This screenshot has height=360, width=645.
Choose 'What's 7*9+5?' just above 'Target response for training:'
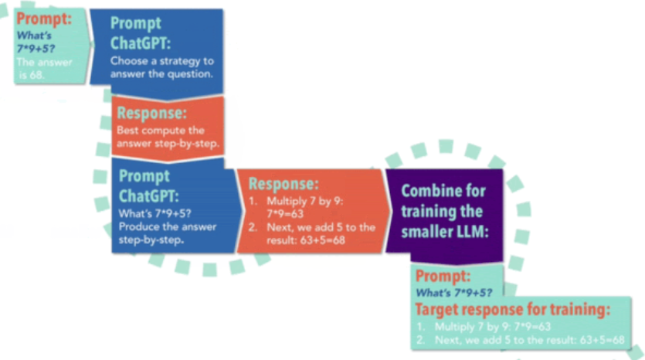click(453, 292)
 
